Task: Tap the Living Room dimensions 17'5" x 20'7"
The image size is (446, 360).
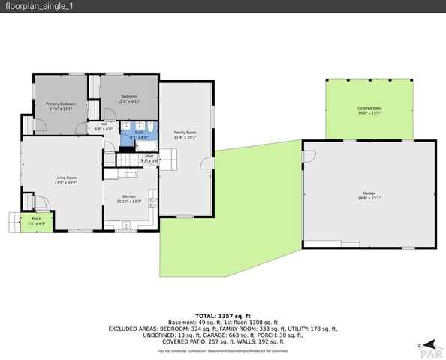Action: [x=66, y=183]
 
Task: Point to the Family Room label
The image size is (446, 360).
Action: [x=185, y=132]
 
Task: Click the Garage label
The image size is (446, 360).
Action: [x=369, y=193]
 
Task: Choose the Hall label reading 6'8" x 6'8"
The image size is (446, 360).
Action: [x=103, y=129]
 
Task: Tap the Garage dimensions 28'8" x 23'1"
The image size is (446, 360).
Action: [x=369, y=198]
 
